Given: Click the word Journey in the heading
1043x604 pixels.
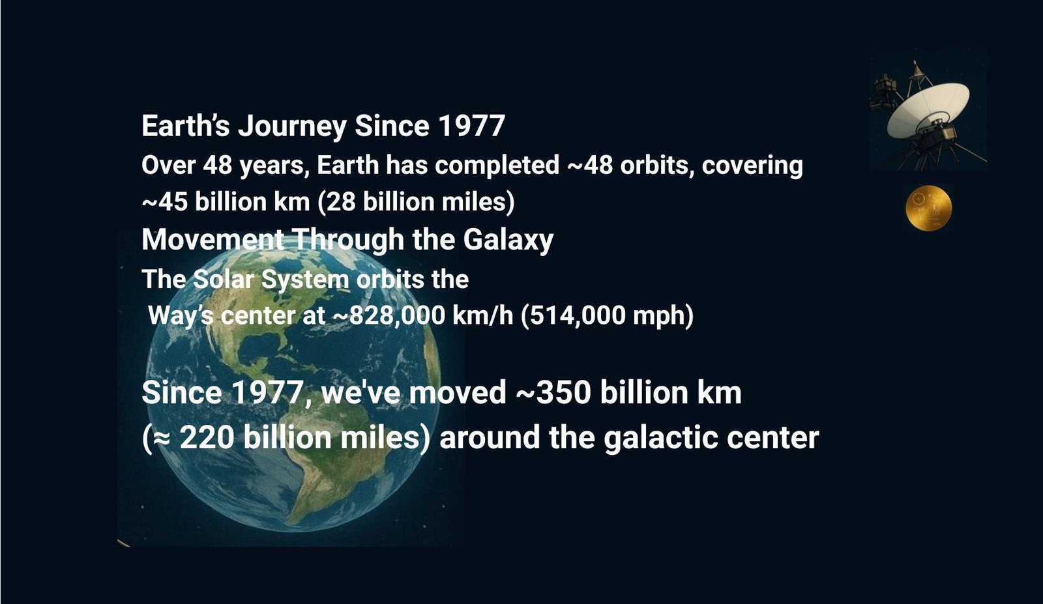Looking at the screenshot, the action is tap(293, 126).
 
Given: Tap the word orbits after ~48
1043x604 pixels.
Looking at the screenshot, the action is tap(657, 165).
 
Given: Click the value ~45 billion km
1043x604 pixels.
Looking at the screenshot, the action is tap(226, 202).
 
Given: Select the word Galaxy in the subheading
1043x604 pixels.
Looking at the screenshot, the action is tap(508, 240).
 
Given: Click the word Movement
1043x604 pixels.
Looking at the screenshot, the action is tap(213, 240).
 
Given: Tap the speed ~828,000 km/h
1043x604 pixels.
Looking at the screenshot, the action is tap(423, 315).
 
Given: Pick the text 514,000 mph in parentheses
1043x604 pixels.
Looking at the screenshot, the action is tap(607, 316).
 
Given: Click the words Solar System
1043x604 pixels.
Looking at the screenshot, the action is tap(271, 280).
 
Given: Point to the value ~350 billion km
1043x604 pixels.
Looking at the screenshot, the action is tap(628, 392).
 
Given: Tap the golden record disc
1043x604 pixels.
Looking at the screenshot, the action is tap(928, 208).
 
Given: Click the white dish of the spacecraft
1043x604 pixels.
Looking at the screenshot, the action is tap(928, 110).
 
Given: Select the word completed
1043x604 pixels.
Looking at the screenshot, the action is tap(497, 166).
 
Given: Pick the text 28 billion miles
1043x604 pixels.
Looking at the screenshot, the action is tap(416, 202).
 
